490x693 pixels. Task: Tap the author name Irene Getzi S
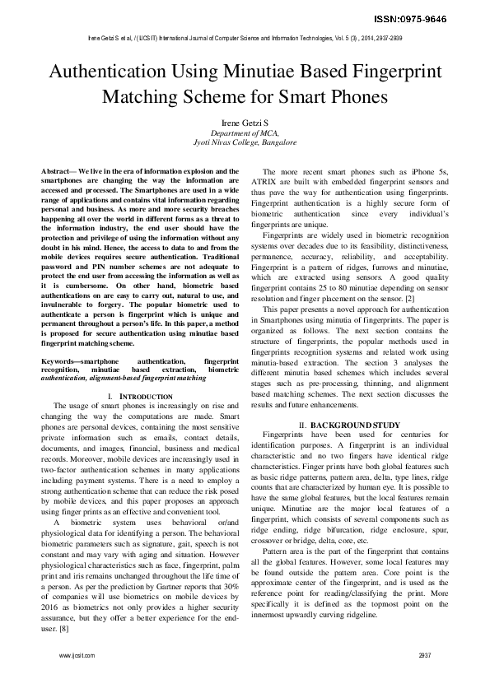tap(245, 121)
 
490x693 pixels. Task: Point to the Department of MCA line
tap(245, 132)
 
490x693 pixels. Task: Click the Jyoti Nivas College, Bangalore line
tap(245, 142)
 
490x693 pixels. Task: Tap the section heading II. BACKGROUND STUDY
tap(349, 425)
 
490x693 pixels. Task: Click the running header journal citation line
tap(245, 38)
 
